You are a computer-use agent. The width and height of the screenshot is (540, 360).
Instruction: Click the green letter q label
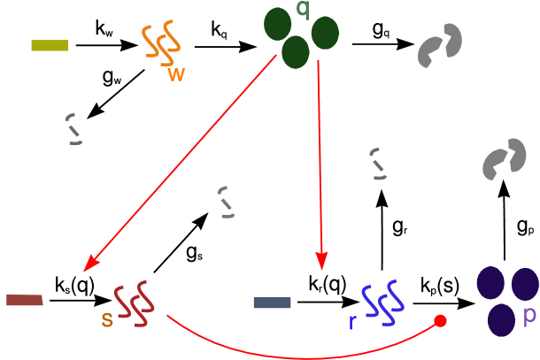point(303,10)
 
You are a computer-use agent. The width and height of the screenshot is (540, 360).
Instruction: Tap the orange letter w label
point(177,75)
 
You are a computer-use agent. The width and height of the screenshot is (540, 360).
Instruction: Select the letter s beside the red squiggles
point(107,319)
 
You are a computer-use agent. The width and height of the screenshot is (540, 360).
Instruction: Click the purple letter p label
point(529,315)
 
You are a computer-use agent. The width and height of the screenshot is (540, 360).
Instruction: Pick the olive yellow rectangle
point(50,45)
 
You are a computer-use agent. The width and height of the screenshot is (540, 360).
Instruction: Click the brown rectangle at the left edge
point(24,301)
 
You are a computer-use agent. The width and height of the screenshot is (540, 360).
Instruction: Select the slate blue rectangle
point(273,303)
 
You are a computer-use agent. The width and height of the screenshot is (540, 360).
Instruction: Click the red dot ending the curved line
point(440,321)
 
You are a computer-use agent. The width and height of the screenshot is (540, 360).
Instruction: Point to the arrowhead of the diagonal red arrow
point(89,264)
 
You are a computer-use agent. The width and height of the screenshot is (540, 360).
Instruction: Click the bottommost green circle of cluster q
point(296,52)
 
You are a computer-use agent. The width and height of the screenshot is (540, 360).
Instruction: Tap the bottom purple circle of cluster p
point(502,319)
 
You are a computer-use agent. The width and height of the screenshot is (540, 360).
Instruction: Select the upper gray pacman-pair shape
point(440,46)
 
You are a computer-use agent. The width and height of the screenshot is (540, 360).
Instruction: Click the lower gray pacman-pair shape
point(504,160)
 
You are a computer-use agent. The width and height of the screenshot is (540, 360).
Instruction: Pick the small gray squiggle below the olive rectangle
point(74,129)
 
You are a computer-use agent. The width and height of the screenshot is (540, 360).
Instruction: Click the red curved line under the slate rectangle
point(301,356)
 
